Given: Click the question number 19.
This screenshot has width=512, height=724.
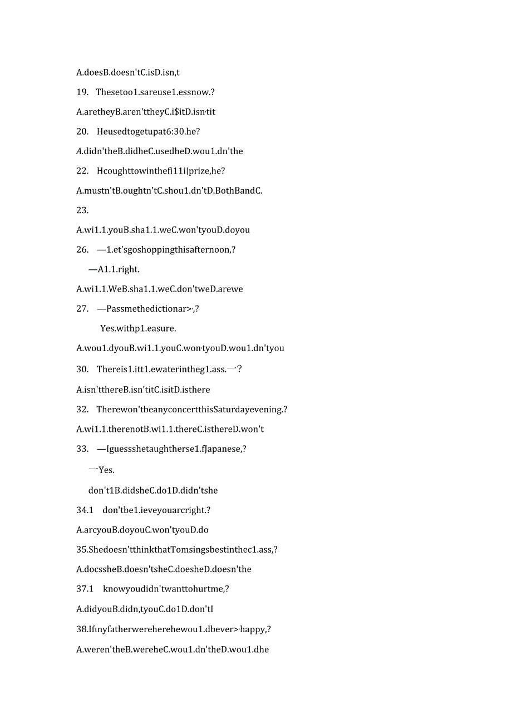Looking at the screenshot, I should (82, 92).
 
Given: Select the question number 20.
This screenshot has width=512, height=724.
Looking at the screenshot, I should (82, 131).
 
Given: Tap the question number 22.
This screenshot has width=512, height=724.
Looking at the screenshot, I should (82, 171).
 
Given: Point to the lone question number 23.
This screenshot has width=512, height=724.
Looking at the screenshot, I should (82, 210).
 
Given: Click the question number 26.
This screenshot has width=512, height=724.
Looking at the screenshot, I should (82, 249).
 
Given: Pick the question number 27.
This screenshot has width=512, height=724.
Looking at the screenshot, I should (82, 308).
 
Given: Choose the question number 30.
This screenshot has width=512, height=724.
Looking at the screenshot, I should (82, 369).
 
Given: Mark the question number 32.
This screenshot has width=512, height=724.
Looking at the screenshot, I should (82, 409).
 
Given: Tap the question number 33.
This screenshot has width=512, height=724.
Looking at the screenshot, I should (82, 449).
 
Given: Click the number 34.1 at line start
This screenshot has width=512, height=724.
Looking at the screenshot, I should (85, 510).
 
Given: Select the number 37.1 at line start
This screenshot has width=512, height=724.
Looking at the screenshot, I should (85, 588).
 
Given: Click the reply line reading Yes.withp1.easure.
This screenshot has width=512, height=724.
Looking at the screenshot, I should (138, 328).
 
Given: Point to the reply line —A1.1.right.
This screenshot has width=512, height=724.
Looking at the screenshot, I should (114, 269).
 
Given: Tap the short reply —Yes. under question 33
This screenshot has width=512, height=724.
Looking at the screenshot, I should (102, 470).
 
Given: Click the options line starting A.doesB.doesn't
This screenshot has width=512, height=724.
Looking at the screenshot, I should (128, 72).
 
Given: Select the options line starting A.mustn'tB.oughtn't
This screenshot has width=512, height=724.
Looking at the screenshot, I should (169, 190).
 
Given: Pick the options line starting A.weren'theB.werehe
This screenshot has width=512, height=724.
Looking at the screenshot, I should (173, 649).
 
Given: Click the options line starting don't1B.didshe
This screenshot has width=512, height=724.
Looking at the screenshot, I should (153, 490).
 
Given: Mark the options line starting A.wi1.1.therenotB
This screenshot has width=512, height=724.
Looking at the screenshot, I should (170, 429).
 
